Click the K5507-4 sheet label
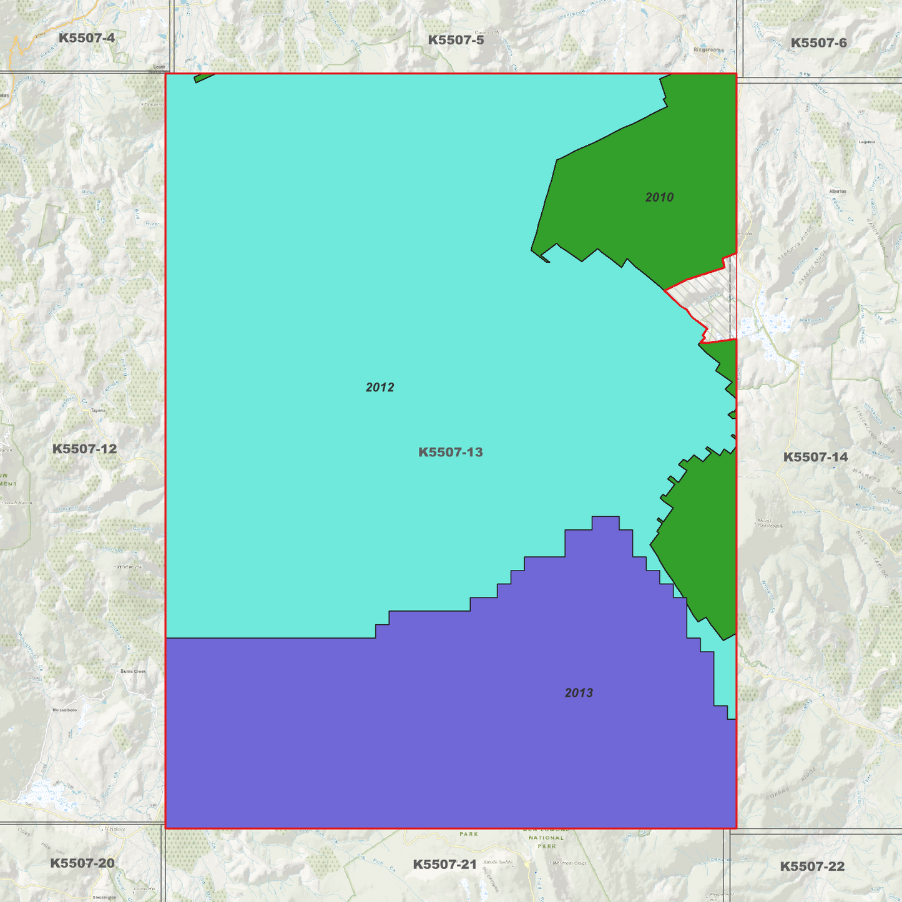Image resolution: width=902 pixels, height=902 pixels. (87, 38)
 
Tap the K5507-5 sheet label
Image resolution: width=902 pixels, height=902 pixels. (456, 41)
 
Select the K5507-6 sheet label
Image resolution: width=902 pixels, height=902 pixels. (818, 43)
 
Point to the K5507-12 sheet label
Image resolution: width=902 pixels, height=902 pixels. (84, 449)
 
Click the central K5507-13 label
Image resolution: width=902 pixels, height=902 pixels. (450, 452)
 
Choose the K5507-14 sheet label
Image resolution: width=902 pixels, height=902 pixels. (815, 457)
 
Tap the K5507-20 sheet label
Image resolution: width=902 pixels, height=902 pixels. (82, 863)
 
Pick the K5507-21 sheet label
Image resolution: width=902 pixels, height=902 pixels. (444, 865)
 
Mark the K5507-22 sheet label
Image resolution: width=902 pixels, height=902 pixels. (812, 866)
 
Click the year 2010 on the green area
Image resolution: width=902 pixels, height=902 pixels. (659, 197)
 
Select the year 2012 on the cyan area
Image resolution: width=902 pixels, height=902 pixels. (380, 388)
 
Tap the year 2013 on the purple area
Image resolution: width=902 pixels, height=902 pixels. (579, 693)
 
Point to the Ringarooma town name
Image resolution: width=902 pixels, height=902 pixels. (708, 50)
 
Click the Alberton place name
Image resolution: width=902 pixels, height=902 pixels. (838, 191)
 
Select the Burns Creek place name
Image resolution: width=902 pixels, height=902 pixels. (133, 671)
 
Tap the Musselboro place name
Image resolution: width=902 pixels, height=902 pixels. (64, 710)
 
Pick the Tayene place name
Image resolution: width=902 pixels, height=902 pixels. (98, 410)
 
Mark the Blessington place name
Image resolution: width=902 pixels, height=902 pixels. (104, 898)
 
